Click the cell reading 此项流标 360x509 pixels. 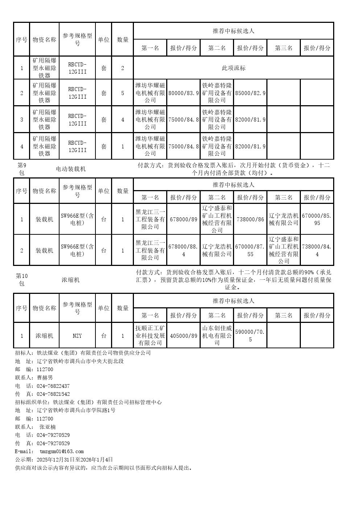coord(233,68)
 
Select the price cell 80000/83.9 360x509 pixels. coord(184,93)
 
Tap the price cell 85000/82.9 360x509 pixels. coord(250,93)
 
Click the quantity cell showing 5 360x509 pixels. coord(123,93)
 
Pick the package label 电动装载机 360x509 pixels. coord(71,169)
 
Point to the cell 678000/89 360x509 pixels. coord(184,219)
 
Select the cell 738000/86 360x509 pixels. coord(250,219)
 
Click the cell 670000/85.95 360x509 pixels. coord(317,219)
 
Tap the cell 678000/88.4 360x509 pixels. coord(184,250)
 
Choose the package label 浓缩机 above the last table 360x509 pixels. coord(71,280)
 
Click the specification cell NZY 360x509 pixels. coord(77,336)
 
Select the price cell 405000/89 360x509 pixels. coord(184,336)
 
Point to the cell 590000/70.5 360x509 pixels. coord(250,336)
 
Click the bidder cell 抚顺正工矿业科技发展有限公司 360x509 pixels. coord(150,335)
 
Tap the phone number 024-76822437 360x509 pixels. coord(53,386)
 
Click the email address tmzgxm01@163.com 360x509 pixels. coord(62,451)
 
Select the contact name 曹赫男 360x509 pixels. coord(45,378)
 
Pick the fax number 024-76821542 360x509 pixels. coord(53,394)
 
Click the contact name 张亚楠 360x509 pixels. coord(48,427)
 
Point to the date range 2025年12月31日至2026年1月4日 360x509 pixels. coord(75,460)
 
